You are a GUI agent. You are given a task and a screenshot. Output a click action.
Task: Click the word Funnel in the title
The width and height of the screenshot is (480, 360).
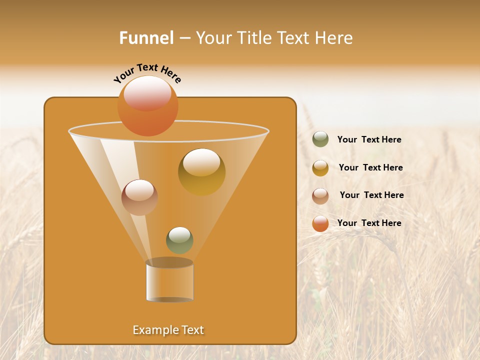(x=146, y=38)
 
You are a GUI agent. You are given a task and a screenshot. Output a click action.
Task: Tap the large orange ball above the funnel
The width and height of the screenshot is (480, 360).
(x=148, y=105)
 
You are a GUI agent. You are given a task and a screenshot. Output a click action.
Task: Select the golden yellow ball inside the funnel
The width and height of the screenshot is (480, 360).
(x=201, y=171)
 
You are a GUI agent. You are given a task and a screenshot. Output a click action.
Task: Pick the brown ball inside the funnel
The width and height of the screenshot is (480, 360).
(x=139, y=197)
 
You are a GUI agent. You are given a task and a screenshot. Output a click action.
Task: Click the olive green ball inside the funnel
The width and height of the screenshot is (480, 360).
(x=179, y=240)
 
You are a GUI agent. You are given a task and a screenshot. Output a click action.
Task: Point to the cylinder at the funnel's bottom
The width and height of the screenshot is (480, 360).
(x=169, y=281)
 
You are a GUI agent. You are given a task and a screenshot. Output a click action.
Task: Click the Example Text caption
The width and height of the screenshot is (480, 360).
(x=168, y=330)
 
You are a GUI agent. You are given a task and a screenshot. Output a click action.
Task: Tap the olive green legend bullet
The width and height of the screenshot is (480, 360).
(x=320, y=139)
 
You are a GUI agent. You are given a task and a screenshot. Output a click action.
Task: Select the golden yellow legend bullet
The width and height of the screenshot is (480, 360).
(x=320, y=168)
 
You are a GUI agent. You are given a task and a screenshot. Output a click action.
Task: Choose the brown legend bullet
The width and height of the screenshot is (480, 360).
(x=320, y=196)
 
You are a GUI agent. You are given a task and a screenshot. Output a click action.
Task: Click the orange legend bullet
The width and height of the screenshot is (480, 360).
(x=320, y=223)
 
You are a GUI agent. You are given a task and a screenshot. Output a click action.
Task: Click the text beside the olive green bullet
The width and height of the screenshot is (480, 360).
(x=369, y=140)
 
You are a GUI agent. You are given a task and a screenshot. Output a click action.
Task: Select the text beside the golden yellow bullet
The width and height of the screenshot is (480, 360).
(x=370, y=168)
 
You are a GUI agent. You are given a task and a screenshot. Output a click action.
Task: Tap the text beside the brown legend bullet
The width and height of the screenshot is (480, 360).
(x=371, y=195)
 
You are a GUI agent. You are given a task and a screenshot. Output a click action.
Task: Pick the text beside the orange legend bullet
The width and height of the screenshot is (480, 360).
(x=369, y=223)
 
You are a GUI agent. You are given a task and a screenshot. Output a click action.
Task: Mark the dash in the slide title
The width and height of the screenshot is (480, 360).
(x=184, y=38)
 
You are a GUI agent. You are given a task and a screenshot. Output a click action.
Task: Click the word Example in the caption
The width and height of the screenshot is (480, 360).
(x=153, y=330)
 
